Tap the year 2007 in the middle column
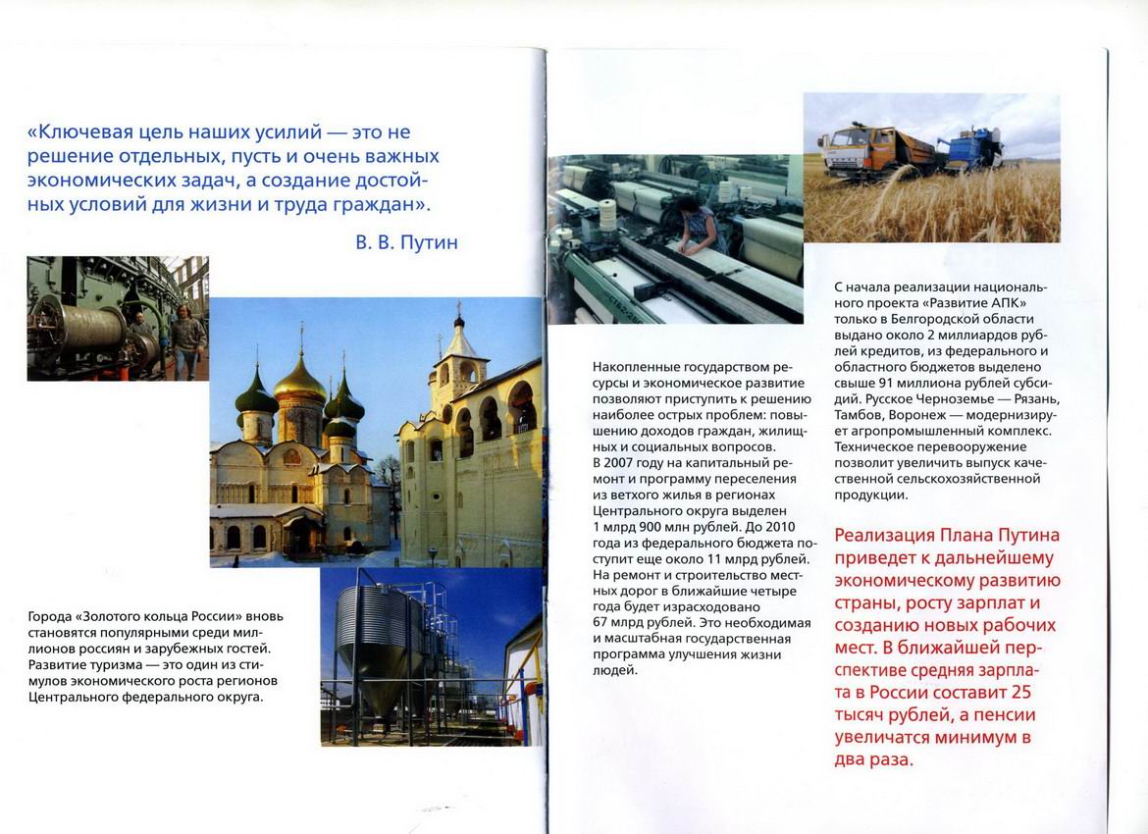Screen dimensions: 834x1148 pyautogui.click(x=620, y=462)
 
